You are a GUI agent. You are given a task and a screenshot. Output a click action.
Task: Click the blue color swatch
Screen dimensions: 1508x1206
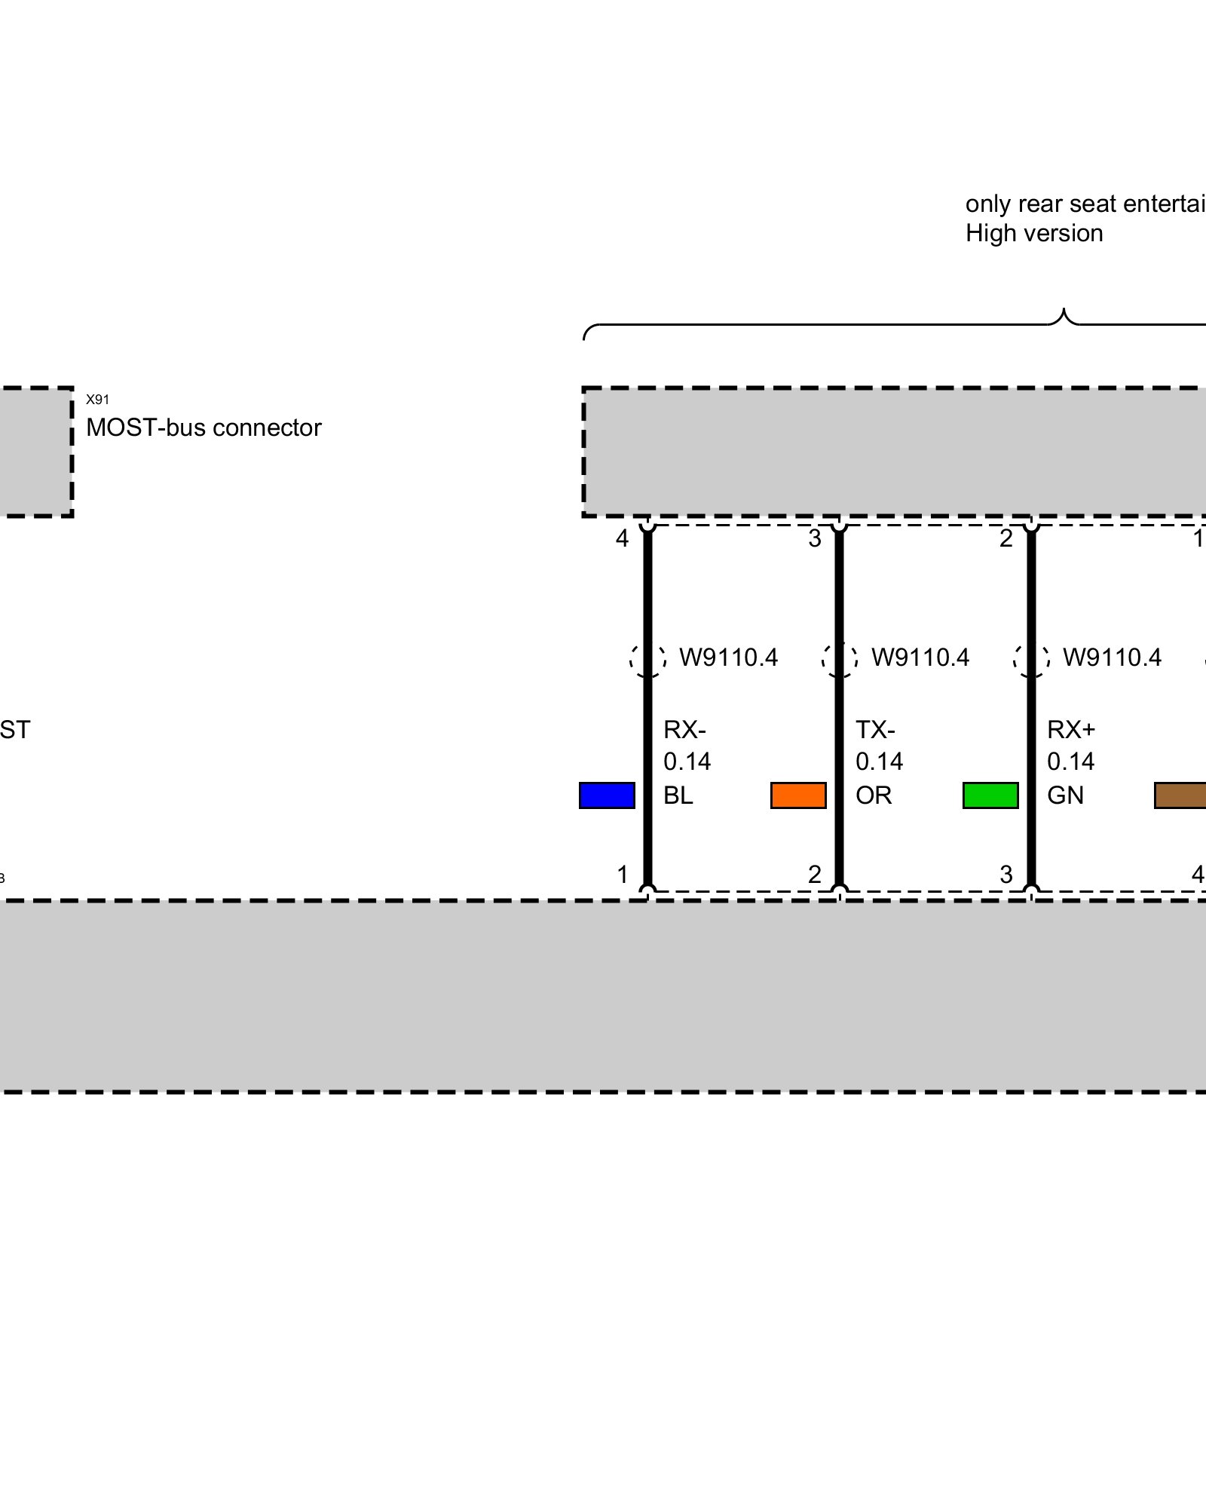pos(607,795)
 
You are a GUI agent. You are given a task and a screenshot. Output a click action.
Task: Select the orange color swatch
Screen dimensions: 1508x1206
pos(798,795)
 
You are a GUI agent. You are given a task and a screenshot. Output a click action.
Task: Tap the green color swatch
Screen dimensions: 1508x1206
pos(990,795)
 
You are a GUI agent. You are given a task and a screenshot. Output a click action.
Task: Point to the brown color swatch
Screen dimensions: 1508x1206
pos(1181,795)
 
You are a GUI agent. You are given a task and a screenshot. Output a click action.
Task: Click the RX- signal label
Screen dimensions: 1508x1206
pos(684,730)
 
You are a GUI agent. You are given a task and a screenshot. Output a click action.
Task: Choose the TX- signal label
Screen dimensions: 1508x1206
pos(875,730)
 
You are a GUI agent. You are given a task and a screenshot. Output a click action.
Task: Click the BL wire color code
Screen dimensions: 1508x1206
pos(678,795)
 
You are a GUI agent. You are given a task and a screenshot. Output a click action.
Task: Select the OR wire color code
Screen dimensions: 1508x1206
pos(874,795)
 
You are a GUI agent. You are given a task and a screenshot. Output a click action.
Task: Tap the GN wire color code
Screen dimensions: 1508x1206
pos(1065,795)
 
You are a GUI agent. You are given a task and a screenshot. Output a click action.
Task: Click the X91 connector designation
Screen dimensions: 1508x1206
pos(97,400)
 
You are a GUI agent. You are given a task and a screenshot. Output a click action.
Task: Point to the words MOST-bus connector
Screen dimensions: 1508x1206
pos(204,428)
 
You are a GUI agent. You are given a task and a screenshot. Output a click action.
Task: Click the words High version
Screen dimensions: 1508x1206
pos(1034,234)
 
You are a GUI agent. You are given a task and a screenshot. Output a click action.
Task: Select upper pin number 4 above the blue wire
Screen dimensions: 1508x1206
pos(622,538)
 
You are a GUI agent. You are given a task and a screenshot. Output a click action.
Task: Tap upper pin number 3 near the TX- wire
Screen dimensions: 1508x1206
pos(815,538)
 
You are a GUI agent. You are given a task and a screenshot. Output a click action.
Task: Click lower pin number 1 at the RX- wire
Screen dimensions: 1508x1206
pos(623,875)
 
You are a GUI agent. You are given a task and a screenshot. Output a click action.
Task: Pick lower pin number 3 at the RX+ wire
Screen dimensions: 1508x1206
pos(1006,875)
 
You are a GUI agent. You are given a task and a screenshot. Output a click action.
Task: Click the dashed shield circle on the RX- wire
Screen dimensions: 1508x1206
pos(647,659)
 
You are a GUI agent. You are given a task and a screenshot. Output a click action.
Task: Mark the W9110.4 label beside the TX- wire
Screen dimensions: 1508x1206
pos(920,657)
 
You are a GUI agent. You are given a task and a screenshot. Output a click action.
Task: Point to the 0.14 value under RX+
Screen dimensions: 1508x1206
pos(1070,762)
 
